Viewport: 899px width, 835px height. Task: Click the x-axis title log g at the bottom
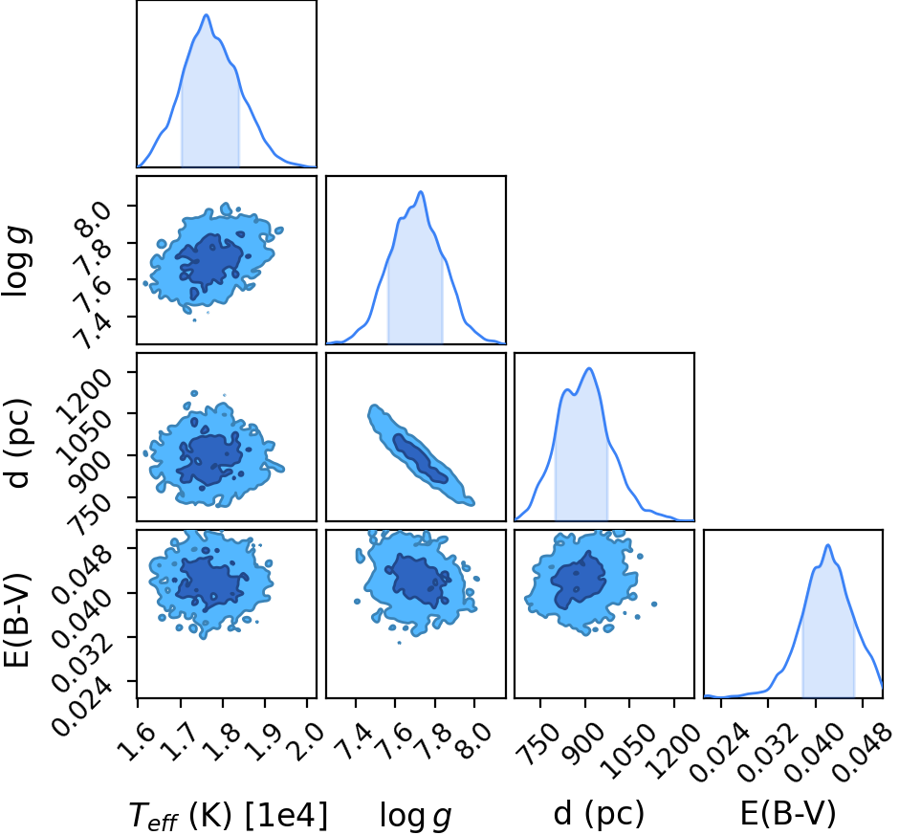coord(416,815)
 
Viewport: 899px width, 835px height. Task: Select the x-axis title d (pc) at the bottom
coord(599,814)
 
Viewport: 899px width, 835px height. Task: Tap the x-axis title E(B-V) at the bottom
coord(788,814)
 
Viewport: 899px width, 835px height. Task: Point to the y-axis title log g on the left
coord(17,261)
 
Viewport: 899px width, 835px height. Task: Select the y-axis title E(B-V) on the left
coord(16,621)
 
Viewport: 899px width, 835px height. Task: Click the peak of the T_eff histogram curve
coord(206,15)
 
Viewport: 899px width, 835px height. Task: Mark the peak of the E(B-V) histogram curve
coord(827,545)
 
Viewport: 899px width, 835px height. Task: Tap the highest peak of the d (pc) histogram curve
coord(589,368)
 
